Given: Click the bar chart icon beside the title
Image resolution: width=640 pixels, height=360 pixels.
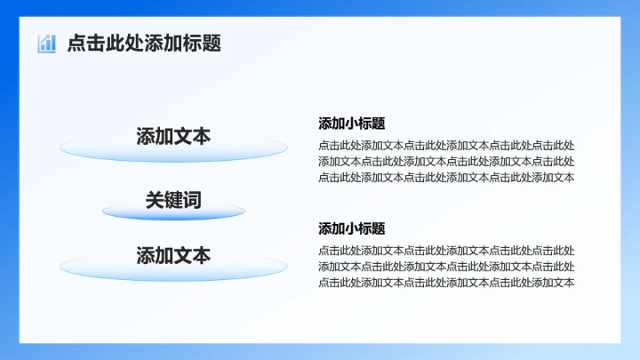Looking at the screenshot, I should (46, 43).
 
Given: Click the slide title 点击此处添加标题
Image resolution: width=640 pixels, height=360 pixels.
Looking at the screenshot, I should (144, 43).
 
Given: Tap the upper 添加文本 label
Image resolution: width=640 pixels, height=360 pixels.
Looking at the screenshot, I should (173, 136).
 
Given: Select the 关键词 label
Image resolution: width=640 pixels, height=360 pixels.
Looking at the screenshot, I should (173, 200).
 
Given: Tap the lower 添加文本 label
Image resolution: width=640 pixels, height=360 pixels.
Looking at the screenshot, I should (173, 256).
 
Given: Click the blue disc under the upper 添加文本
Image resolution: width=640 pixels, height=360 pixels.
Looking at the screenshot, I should (173, 152).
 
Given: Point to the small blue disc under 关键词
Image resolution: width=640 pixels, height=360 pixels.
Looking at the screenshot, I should (173, 213).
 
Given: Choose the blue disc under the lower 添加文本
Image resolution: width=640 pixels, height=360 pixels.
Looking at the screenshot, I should (173, 269).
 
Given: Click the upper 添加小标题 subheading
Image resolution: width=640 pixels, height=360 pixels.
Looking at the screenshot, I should (352, 124).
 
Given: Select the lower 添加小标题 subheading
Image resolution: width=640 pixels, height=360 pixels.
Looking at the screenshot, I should (352, 228).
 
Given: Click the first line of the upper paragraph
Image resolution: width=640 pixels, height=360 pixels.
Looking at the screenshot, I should (446, 145).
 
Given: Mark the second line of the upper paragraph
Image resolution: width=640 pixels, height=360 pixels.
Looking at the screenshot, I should (446, 161).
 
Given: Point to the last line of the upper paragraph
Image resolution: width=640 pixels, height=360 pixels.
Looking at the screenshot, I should (446, 177).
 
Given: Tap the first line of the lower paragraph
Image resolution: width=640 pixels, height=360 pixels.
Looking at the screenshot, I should (446, 251).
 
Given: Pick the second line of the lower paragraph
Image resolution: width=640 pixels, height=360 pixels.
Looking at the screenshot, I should (446, 267).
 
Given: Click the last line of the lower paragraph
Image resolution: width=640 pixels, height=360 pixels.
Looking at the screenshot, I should (446, 283).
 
